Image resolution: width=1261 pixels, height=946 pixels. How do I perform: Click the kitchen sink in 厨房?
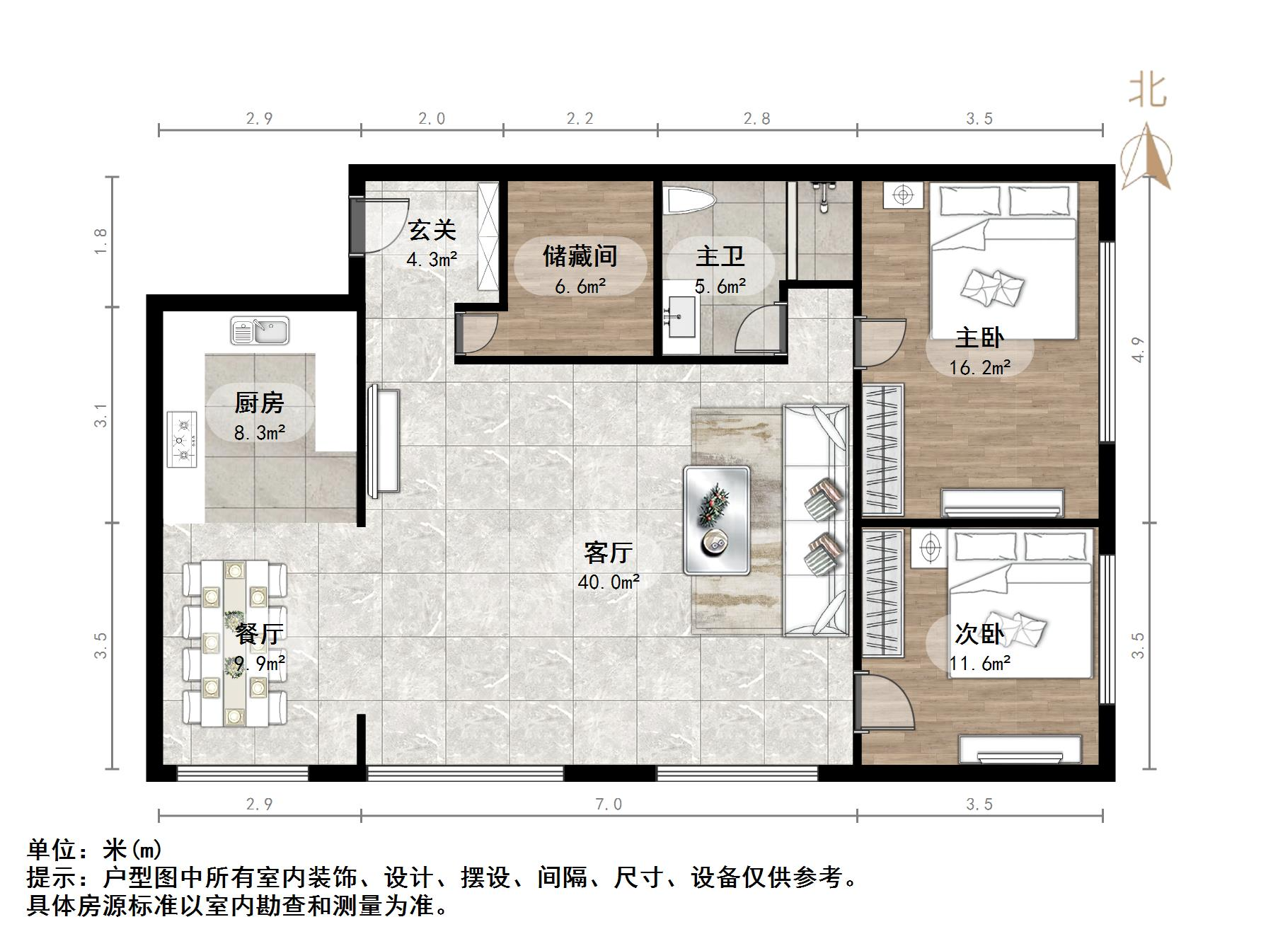tap(260, 331)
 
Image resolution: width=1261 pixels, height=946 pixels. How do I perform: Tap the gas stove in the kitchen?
tap(183, 439)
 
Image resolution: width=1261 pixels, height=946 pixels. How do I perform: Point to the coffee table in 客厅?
tap(716, 520)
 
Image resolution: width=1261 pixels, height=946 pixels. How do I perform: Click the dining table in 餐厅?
tap(234, 643)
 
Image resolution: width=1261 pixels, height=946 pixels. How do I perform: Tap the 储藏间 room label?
tap(580, 255)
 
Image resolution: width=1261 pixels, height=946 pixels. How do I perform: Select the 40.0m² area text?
tap(609, 582)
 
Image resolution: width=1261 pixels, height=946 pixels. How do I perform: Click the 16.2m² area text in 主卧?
tap(979, 367)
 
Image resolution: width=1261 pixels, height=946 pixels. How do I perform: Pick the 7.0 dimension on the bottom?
tap(609, 804)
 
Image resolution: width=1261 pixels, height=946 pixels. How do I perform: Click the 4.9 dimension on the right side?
tap(1138, 350)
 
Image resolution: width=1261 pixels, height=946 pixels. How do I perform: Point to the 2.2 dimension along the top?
tap(580, 119)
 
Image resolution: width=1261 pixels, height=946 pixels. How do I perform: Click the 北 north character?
tap(1147, 91)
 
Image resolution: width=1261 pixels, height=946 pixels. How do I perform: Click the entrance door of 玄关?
tap(379, 225)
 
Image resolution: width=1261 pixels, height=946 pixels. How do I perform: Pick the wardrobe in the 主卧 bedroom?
tap(883, 449)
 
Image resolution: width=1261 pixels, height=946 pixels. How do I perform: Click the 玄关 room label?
tap(432, 230)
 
